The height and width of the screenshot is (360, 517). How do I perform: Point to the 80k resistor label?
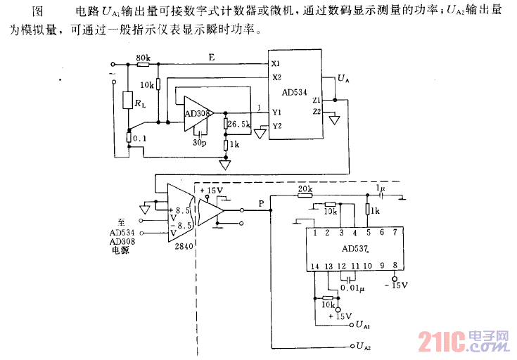143,57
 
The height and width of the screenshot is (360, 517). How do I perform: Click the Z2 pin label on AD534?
317,111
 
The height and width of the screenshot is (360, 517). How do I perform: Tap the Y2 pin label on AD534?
276,126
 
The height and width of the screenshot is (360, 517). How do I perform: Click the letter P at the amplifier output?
262,203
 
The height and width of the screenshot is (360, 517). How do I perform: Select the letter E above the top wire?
210,56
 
